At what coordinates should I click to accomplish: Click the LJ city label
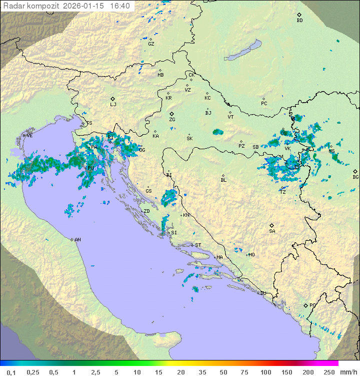113,104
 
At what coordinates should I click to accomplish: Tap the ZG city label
172,120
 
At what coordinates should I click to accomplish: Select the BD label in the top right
299,21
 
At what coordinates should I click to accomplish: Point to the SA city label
272,231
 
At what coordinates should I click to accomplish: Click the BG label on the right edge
355,177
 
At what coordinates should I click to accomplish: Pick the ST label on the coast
198,245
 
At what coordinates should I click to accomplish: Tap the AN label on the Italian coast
77,240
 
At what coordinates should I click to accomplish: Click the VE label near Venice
29,136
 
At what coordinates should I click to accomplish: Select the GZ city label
151,44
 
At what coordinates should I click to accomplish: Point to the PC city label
264,104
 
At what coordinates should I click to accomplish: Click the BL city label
223,180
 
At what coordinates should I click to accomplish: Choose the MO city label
251,255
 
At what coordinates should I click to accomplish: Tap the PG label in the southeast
312,305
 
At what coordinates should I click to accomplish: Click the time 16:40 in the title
120,6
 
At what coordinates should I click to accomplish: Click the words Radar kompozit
31,6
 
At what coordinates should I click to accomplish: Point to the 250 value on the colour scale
328,372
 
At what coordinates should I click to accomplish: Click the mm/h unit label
348,372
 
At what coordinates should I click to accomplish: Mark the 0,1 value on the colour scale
11,372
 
